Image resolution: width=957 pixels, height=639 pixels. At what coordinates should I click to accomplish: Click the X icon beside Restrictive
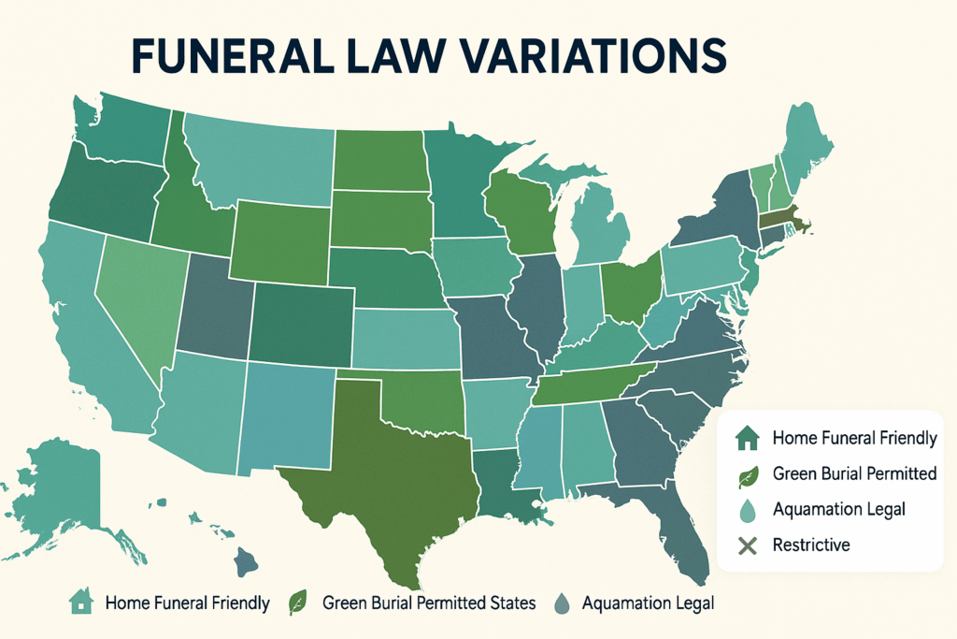pos(745,545)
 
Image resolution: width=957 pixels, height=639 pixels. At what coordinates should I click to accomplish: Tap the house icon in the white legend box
pos(745,437)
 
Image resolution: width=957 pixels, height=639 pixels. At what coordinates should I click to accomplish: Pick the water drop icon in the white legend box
pos(745,509)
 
